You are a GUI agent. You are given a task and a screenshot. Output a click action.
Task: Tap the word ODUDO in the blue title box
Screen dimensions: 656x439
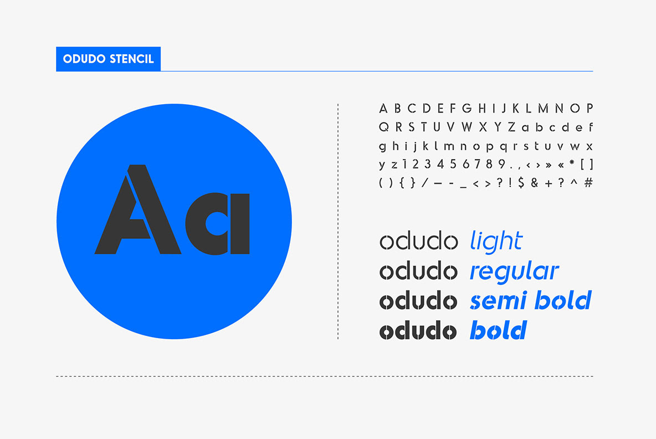[84, 59]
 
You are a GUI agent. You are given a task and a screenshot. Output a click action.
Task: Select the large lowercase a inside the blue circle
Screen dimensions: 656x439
[218, 223]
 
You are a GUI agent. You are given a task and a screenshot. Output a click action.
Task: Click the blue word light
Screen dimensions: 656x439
[496, 242]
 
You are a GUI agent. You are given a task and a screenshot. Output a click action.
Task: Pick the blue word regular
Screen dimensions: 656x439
[514, 272]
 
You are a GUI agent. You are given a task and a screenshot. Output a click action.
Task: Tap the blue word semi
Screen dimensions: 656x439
[500, 300]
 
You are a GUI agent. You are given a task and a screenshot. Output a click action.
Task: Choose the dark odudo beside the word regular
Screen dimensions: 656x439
[418, 270]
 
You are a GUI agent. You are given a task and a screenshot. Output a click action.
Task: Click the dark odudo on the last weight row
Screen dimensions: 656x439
[418, 330]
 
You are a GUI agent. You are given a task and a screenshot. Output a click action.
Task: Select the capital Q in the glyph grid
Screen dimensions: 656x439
[383, 127]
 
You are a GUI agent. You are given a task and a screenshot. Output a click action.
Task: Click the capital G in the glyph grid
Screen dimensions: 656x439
[467, 109]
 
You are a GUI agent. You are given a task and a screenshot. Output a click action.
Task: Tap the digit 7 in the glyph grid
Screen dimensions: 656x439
[477, 164]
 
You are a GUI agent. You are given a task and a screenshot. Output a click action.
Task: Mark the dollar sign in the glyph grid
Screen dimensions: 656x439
[521, 182]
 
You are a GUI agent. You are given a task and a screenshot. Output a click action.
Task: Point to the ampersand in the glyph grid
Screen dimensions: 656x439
[534, 182]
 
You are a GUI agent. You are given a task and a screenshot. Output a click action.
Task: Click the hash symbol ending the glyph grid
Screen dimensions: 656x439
[588, 182]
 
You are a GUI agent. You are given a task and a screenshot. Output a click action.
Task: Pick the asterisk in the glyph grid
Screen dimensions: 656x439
[572, 162]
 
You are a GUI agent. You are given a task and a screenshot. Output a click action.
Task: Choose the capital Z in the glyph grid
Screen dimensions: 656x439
[511, 127]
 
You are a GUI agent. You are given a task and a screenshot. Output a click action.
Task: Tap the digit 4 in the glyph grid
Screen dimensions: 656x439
[440, 164]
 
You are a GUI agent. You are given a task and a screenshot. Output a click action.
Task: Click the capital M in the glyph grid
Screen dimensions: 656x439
[543, 109]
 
